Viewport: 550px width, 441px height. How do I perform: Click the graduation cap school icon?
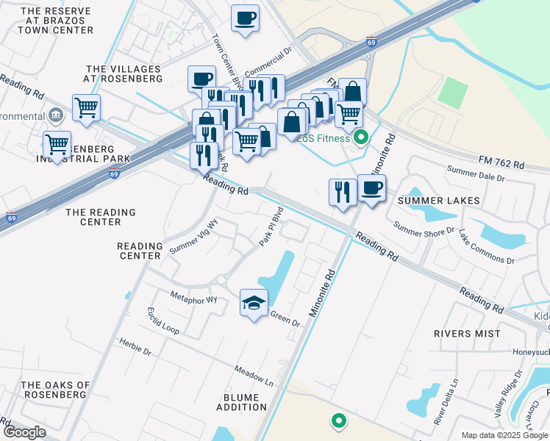(254, 303)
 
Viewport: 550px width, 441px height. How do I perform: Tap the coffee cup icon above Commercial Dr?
(245, 18)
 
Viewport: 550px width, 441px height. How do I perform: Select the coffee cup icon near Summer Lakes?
(371, 188)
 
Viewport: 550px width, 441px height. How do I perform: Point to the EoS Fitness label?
(324, 137)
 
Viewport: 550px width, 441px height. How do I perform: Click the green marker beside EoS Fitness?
(360, 137)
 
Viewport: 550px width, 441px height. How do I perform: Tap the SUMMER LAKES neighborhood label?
(438, 200)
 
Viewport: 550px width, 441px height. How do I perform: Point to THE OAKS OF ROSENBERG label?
(55, 390)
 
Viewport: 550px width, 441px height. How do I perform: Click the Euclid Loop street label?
(162, 321)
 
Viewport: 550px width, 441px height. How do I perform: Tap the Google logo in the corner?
(24, 432)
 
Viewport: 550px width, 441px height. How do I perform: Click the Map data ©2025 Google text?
(504, 435)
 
